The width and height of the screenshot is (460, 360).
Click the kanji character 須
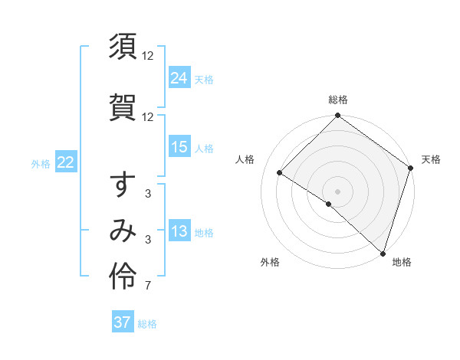click(x=123, y=47)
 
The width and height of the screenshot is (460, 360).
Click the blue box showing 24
click(x=179, y=78)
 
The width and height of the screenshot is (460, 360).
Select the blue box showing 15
click(x=179, y=147)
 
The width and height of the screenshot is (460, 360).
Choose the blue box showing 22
click(x=65, y=162)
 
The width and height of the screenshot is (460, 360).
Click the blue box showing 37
click(x=123, y=322)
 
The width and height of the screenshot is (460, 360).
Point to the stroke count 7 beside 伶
click(x=147, y=286)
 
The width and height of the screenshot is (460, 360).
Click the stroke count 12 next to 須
click(x=148, y=56)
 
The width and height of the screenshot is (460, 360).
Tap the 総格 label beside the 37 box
click(x=147, y=324)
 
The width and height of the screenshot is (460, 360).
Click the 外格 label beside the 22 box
click(x=41, y=163)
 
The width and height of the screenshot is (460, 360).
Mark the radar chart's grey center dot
click(x=337, y=190)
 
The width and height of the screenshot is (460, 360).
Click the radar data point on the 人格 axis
click(x=280, y=174)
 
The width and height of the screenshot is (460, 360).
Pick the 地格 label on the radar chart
click(x=402, y=262)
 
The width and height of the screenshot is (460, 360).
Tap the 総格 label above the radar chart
click(x=337, y=100)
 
